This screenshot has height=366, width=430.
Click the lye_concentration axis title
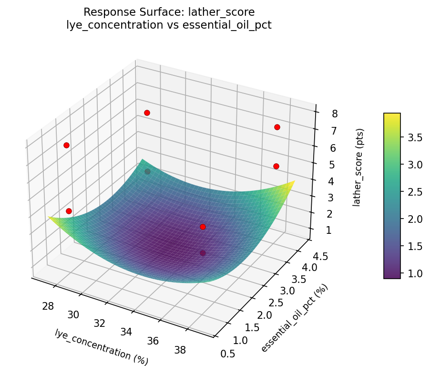pyautogui.click(x=102, y=347)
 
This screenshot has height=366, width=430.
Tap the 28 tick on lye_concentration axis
pyautogui.click(x=48, y=306)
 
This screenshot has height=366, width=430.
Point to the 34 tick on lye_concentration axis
pyautogui.click(x=126, y=332)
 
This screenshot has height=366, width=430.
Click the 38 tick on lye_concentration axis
pyautogui.click(x=180, y=350)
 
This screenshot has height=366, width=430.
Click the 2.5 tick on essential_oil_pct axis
pyautogui.click(x=277, y=303)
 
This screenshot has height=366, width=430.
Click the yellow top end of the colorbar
pyautogui.click(x=392, y=116)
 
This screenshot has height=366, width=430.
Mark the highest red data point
pyautogui.click(x=147, y=113)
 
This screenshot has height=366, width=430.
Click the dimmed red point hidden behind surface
pyautogui.click(x=147, y=171)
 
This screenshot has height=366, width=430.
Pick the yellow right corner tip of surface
pyautogui.click(x=294, y=182)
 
